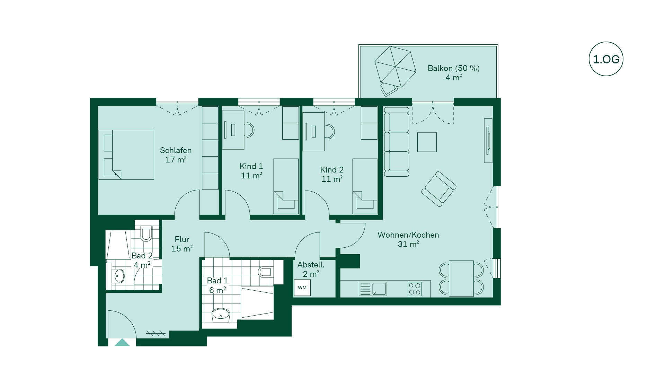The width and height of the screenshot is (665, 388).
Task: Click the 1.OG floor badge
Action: [606, 59]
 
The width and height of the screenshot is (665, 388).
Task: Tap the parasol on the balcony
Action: [395, 67]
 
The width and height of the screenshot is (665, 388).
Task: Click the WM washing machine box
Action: [302, 288]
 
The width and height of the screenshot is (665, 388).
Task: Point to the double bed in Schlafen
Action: [126, 155]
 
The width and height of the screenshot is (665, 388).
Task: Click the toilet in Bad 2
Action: [146, 233]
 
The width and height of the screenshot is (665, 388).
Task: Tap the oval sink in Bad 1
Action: [221, 315]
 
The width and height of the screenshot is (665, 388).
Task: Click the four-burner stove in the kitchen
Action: [415, 289]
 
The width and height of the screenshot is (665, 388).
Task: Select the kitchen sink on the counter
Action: [373, 289]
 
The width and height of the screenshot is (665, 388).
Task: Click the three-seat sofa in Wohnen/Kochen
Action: [397, 142]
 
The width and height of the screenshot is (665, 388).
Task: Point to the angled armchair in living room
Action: [438, 189]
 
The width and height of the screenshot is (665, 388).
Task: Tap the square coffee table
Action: [427, 142]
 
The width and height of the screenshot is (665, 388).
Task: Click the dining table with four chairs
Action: [461, 279]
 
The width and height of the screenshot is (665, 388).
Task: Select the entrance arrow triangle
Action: [122, 343]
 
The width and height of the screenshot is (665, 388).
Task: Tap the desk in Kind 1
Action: [233, 130]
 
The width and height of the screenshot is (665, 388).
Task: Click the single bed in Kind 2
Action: [365, 186]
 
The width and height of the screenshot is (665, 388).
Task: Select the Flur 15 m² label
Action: [182, 244]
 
